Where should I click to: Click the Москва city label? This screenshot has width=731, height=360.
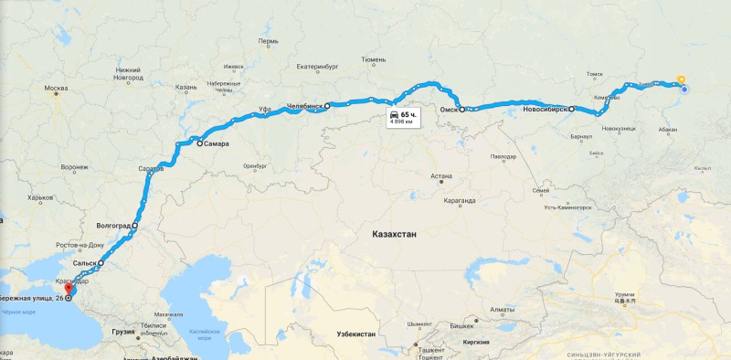(57, 89)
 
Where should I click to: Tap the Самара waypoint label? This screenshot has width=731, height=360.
(217, 144)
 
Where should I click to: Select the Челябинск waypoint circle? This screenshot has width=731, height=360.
(327, 106)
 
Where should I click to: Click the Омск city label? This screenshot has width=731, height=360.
(448, 110)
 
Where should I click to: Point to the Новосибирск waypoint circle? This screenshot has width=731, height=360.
(572, 110)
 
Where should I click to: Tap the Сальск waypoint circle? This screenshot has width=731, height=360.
(101, 263)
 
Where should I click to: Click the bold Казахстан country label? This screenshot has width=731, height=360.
(394, 235)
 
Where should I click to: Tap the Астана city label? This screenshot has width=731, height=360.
(442, 176)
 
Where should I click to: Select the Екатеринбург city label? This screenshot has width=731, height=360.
(318, 66)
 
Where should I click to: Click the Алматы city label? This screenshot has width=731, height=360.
(503, 310)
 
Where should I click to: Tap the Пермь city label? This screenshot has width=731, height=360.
(268, 41)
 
